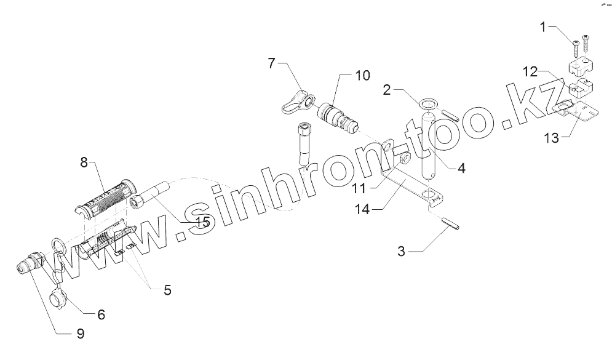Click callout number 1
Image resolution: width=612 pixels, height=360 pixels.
542,26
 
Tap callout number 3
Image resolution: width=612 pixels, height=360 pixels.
401,250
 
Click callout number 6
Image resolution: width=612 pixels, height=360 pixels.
101,314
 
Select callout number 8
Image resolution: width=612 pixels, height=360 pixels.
84,163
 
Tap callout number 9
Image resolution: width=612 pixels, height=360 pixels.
80,334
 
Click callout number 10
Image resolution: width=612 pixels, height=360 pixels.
362,75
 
